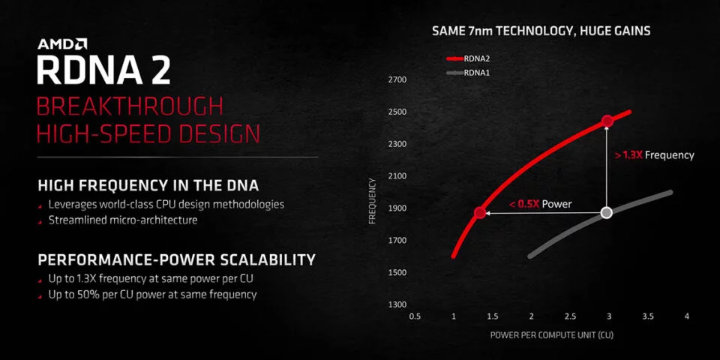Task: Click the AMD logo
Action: point(62,44)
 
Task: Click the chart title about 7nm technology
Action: point(541,31)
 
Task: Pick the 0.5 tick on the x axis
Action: point(415,316)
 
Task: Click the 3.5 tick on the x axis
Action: point(648,316)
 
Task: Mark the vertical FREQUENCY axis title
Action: point(373,201)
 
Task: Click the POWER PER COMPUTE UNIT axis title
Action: point(551,334)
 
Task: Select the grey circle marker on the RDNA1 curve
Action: point(607,212)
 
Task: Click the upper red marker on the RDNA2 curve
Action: point(607,121)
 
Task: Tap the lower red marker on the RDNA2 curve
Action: point(480,212)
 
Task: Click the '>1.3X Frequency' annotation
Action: point(654,155)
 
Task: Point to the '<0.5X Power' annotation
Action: point(541,204)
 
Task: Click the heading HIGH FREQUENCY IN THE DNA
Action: point(148,185)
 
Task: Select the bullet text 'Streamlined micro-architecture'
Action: point(123,220)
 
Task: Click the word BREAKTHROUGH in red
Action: point(130,106)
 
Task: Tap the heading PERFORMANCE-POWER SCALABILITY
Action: point(177,260)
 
